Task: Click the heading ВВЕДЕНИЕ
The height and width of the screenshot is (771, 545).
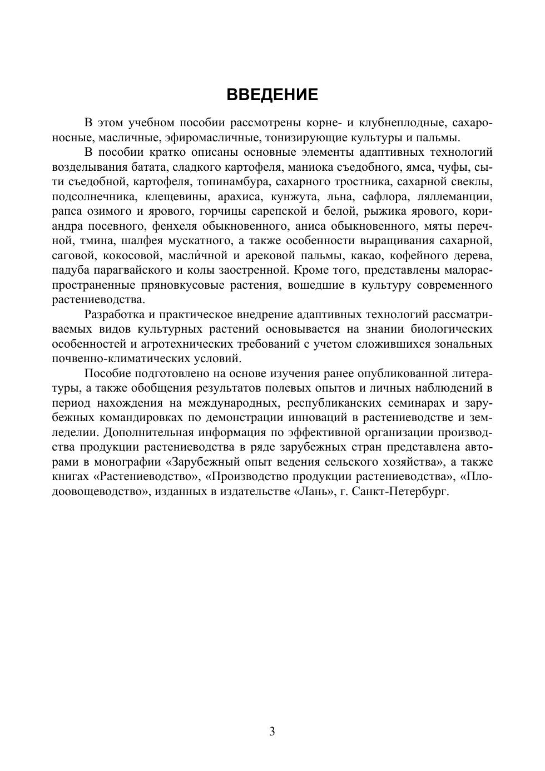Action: (x=272, y=95)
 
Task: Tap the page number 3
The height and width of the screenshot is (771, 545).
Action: (x=272, y=732)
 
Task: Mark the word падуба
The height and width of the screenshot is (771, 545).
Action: (x=70, y=270)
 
